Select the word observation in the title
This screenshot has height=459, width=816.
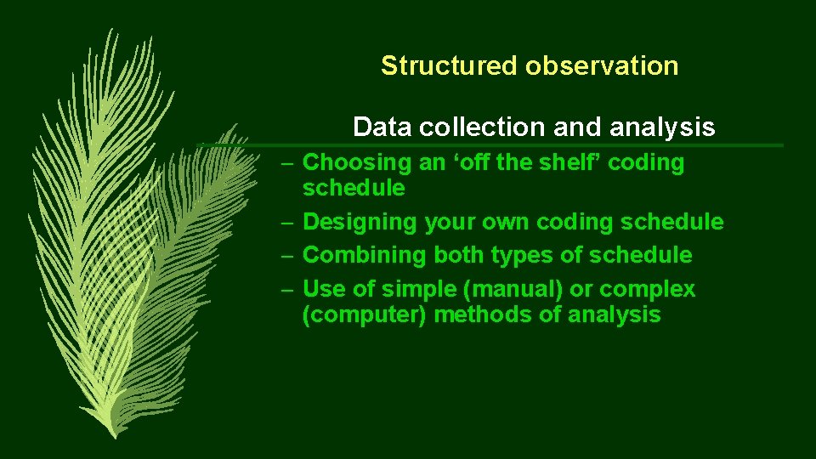tap(601, 65)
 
